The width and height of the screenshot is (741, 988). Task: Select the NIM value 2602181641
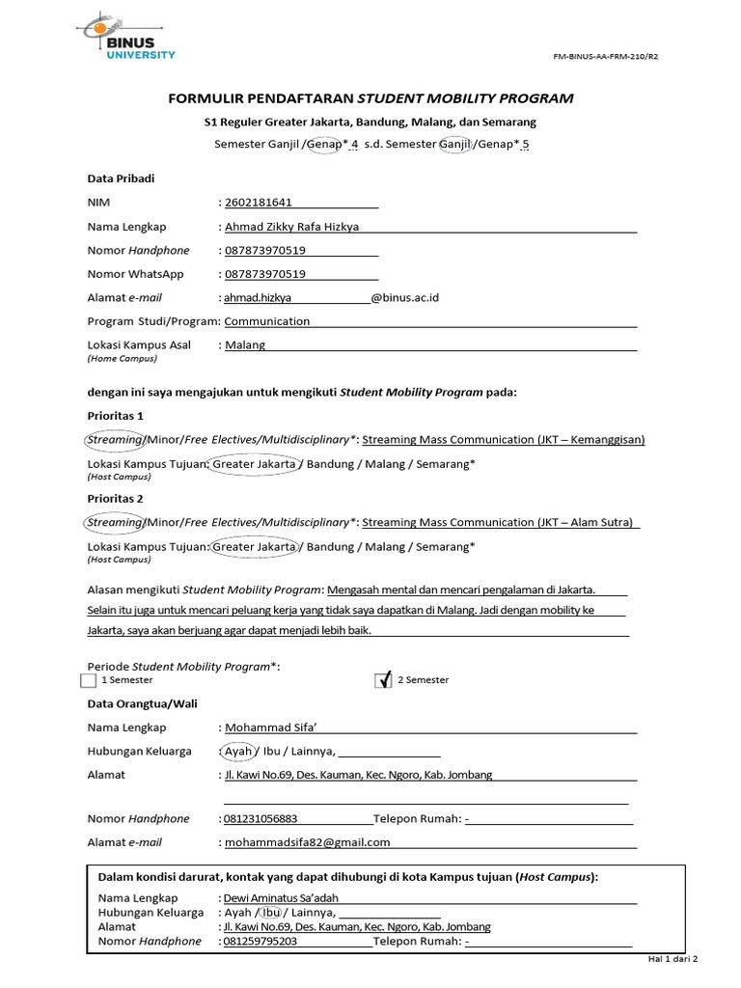259,203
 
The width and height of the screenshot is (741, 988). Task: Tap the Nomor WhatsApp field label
135,274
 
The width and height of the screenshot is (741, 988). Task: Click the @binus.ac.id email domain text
405,298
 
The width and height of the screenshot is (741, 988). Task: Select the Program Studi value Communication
267,321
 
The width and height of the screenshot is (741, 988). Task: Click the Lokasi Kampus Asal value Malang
245,345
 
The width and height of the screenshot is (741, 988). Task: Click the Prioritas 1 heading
115,416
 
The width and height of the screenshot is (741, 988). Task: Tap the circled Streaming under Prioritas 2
115,522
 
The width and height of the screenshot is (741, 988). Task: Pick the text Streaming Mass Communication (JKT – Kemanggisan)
503,440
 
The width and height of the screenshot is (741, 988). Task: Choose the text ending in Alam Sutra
499,522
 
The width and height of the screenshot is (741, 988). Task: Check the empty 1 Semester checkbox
91,681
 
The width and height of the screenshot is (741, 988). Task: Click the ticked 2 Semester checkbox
384,680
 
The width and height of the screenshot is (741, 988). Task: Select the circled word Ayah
237,752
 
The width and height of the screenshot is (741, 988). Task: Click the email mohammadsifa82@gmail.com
307,842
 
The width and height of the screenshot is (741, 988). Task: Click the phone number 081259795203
261,942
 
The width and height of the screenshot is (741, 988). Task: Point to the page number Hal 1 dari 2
671,961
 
